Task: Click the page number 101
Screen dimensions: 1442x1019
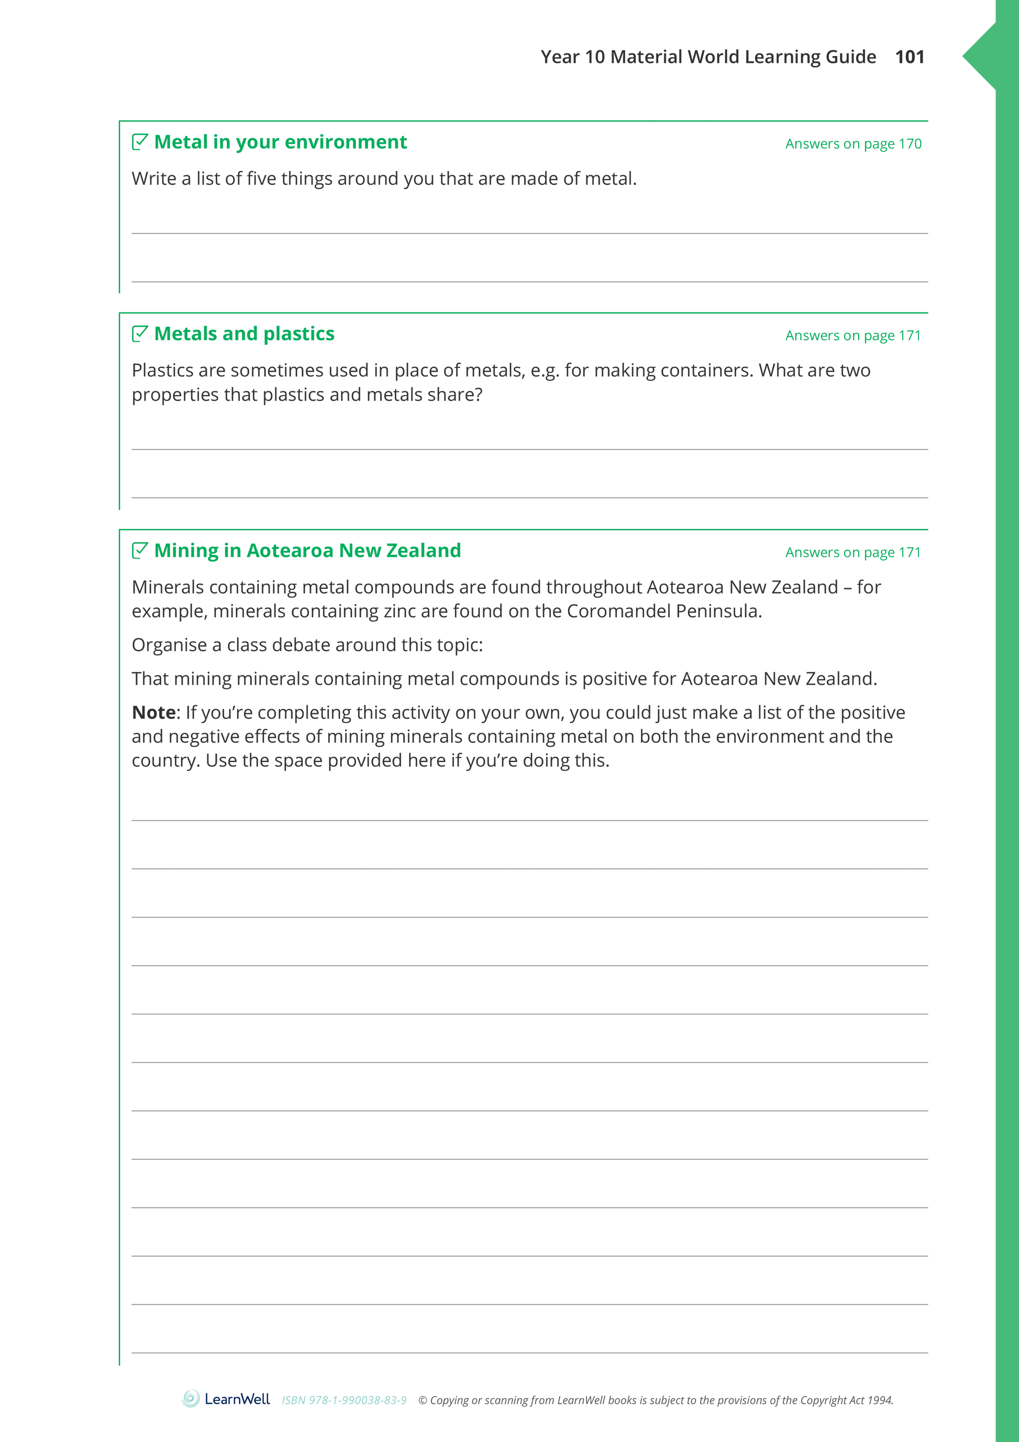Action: click(x=909, y=57)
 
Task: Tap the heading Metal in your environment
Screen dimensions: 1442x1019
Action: click(x=280, y=142)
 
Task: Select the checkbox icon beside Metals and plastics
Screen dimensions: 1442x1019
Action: click(x=139, y=333)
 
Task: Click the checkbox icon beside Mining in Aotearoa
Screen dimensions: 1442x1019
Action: click(x=139, y=550)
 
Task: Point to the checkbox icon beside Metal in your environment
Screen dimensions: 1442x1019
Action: click(x=139, y=142)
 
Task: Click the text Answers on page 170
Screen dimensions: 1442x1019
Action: click(x=852, y=144)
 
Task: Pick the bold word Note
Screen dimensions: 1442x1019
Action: click(x=153, y=712)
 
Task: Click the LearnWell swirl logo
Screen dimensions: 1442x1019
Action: click(x=191, y=1399)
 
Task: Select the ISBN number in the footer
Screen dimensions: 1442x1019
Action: click(x=344, y=1400)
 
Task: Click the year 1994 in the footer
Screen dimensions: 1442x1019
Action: click(x=880, y=1400)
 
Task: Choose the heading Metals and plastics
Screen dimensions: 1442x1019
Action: click(x=244, y=334)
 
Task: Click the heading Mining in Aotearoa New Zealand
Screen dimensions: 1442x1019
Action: click(x=307, y=551)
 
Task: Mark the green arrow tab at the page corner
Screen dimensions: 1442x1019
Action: click(x=981, y=57)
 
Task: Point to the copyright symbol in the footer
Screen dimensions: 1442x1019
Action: click(x=423, y=1400)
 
